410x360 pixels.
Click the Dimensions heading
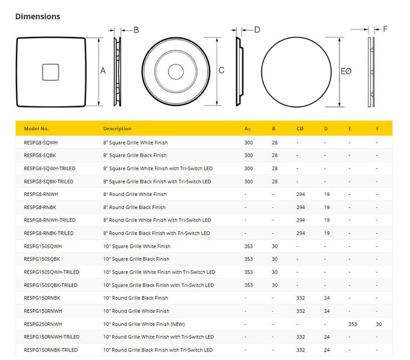[38, 17]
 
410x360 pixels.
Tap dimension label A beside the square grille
[103, 71]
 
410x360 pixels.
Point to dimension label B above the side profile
[136, 30]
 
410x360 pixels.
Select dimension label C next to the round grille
[222, 71]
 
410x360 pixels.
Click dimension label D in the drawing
[257, 30]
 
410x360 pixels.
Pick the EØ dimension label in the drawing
[346, 71]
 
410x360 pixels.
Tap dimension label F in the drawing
[386, 29]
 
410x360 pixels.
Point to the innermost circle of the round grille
[175, 71]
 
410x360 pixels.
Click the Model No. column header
[36, 129]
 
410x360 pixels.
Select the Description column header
[117, 129]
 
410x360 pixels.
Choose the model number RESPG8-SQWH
[42, 142]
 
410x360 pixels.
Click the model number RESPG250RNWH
[43, 324]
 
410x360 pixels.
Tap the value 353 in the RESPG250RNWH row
[353, 324]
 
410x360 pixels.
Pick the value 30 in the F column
[379, 324]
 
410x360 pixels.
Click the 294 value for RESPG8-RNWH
[301, 194]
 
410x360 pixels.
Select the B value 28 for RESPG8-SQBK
[275, 156]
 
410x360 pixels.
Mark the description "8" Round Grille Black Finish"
[134, 207]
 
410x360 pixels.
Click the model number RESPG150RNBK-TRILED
[51, 350]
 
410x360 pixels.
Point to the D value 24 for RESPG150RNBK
[327, 298]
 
